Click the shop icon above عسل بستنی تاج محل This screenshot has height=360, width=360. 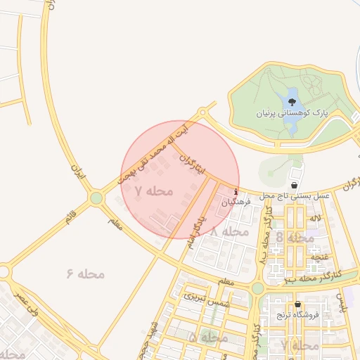(293, 184)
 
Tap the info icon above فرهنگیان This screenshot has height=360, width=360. (236, 193)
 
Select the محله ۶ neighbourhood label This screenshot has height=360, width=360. (86, 274)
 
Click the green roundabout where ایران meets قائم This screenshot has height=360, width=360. (96, 199)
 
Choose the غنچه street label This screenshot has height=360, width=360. (321, 257)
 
